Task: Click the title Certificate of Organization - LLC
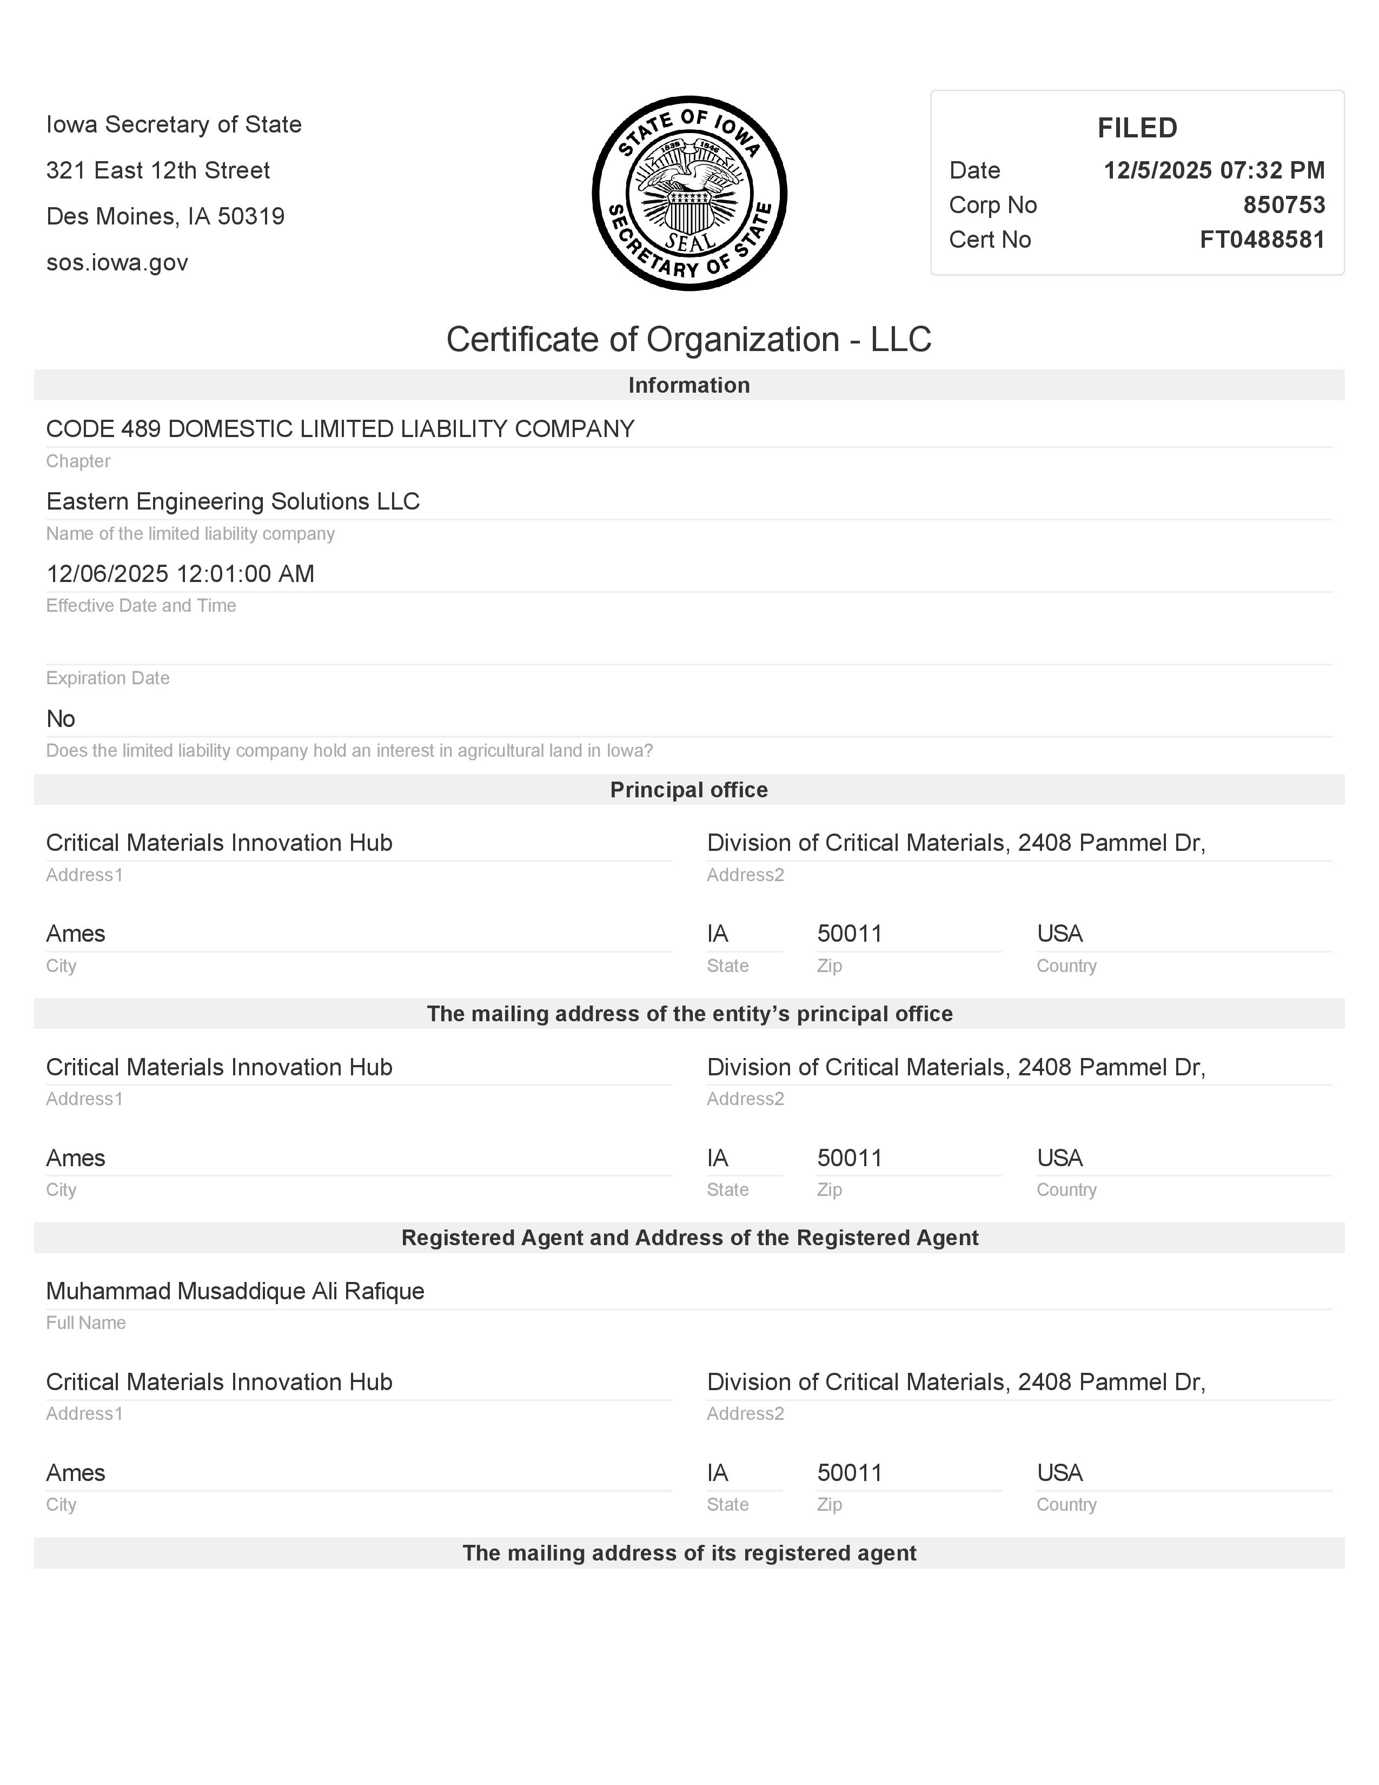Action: pos(688,339)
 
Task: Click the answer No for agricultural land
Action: pos(61,719)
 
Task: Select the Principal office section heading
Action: pos(688,790)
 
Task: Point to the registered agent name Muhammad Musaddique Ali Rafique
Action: pos(235,1291)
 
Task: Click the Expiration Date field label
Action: pos(108,678)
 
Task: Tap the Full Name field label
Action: pos(86,1323)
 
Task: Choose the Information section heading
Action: pos(688,385)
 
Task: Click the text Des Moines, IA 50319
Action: pos(165,216)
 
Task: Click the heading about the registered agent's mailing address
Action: pos(688,1553)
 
